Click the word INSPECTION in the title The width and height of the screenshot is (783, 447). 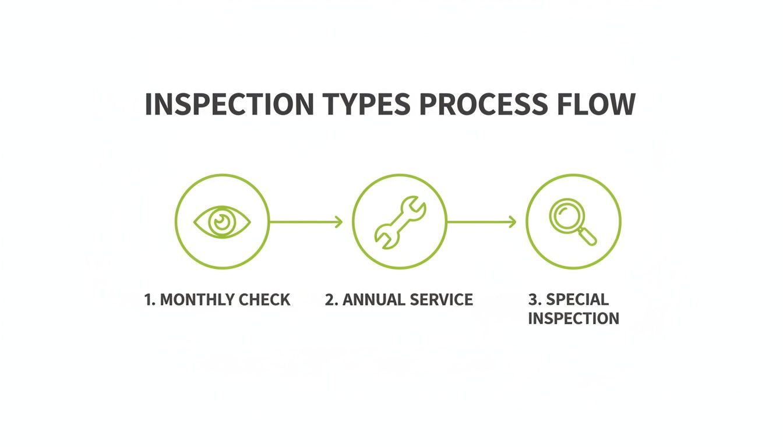[x=228, y=105]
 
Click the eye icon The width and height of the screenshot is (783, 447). [x=222, y=222]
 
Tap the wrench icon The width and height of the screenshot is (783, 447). [x=400, y=222]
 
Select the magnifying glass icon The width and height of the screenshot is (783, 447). [x=573, y=222]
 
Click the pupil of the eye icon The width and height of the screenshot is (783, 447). [x=221, y=221]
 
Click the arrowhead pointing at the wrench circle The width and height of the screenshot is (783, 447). [x=339, y=222]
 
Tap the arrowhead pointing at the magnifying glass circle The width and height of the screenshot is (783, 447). [x=513, y=222]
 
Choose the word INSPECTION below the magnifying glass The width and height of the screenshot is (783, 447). [x=573, y=318]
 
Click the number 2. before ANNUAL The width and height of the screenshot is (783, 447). [x=331, y=300]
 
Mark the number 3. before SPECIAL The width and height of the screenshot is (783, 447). [x=534, y=300]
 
